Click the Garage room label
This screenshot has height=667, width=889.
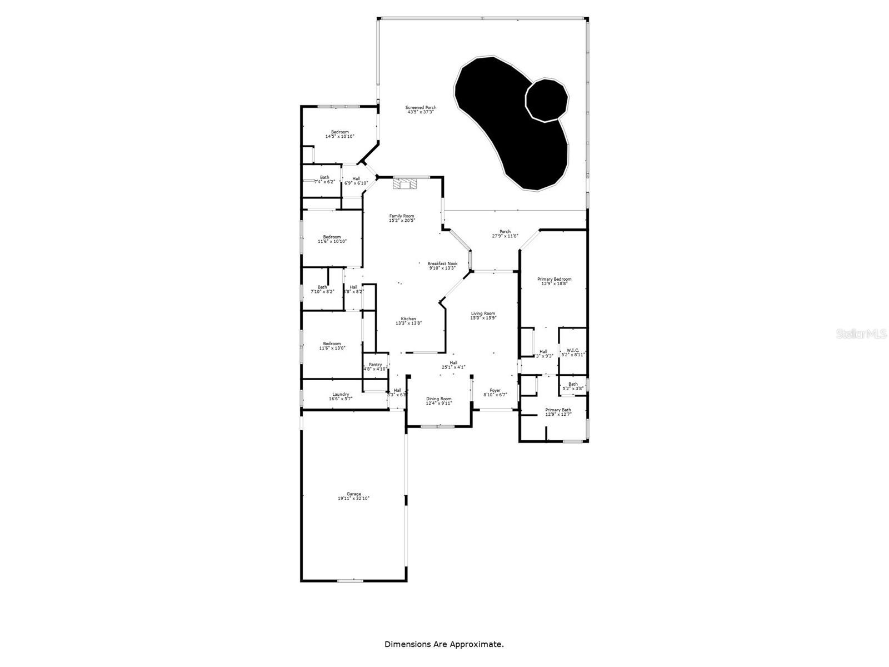354,494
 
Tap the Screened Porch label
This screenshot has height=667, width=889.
421,107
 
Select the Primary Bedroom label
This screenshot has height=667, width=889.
554,279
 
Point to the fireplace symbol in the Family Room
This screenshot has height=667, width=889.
404,183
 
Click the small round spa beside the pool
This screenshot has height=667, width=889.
547,99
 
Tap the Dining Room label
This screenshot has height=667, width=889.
439,399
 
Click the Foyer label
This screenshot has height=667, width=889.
495,390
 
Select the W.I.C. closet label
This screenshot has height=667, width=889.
573,350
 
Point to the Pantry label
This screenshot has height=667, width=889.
376,365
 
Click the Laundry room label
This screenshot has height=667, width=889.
341,394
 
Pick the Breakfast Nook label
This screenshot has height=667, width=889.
442,263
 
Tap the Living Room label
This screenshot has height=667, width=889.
483,313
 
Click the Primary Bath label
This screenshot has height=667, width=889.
558,410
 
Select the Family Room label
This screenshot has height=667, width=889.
402,216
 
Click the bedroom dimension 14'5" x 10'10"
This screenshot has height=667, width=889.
340,136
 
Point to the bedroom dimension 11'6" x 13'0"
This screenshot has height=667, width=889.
332,348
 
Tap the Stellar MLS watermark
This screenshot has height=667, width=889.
862,333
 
